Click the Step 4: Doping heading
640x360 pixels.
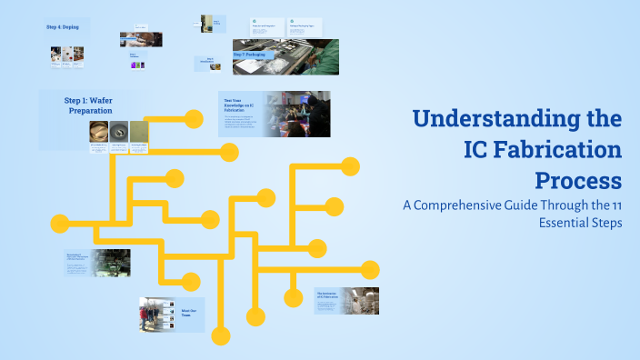coord(63,27)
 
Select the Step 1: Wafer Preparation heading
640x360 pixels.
coord(87,104)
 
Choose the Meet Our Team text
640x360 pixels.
coord(189,313)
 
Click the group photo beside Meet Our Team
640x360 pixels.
coord(156,315)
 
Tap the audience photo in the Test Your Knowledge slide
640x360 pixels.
coord(298,114)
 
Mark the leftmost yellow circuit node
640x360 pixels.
coord(60,222)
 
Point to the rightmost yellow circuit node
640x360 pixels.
coord(370,269)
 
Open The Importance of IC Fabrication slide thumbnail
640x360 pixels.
coord(346,301)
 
